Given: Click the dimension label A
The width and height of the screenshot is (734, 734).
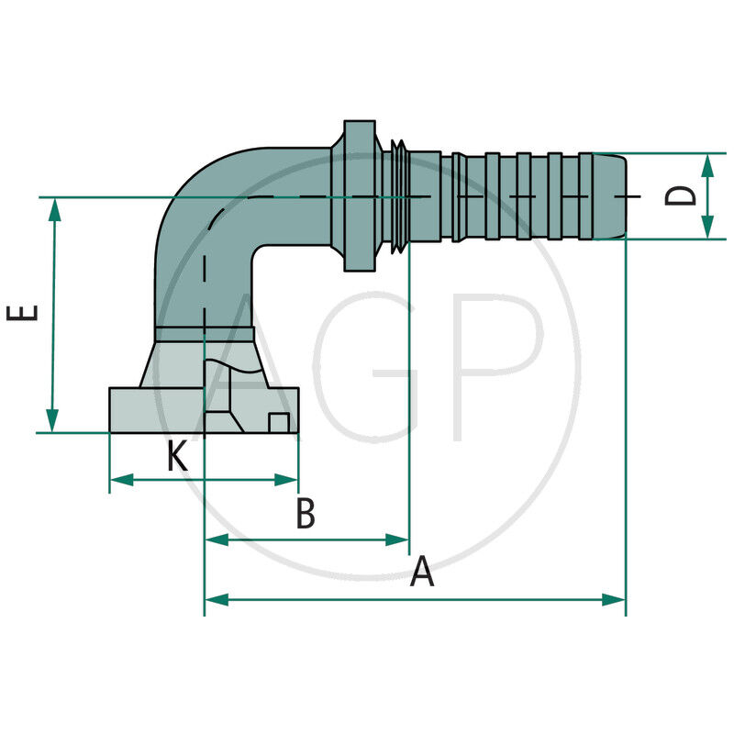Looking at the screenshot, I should click(x=421, y=572).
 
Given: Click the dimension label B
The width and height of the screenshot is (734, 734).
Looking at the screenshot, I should click(x=306, y=515).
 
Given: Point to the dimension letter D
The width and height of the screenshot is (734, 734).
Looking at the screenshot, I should click(x=680, y=195).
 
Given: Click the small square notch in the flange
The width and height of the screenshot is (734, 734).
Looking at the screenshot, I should click(x=279, y=422).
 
